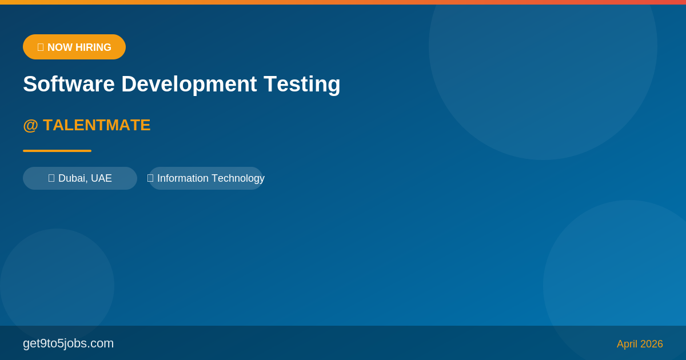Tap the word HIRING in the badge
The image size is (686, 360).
(x=93, y=47)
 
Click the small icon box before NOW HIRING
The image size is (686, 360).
(x=41, y=47)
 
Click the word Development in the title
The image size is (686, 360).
(x=189, y=85)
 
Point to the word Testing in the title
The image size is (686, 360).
(x=302, y=85)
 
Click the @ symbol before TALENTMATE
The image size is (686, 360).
(x=31, y=126)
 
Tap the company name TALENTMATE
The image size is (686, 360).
(x=97, y=125)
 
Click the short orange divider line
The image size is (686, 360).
(x=57, y=151)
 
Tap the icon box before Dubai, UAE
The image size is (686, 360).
(x=51, y=178)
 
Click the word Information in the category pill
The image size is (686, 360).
(x=183, y=178)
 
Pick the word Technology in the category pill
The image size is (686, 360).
(x=238, y=179)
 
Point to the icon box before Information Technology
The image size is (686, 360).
(x=150, y=178)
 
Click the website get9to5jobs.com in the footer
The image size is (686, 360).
(x=68, y=344)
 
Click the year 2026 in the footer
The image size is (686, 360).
(x=651, y=344)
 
